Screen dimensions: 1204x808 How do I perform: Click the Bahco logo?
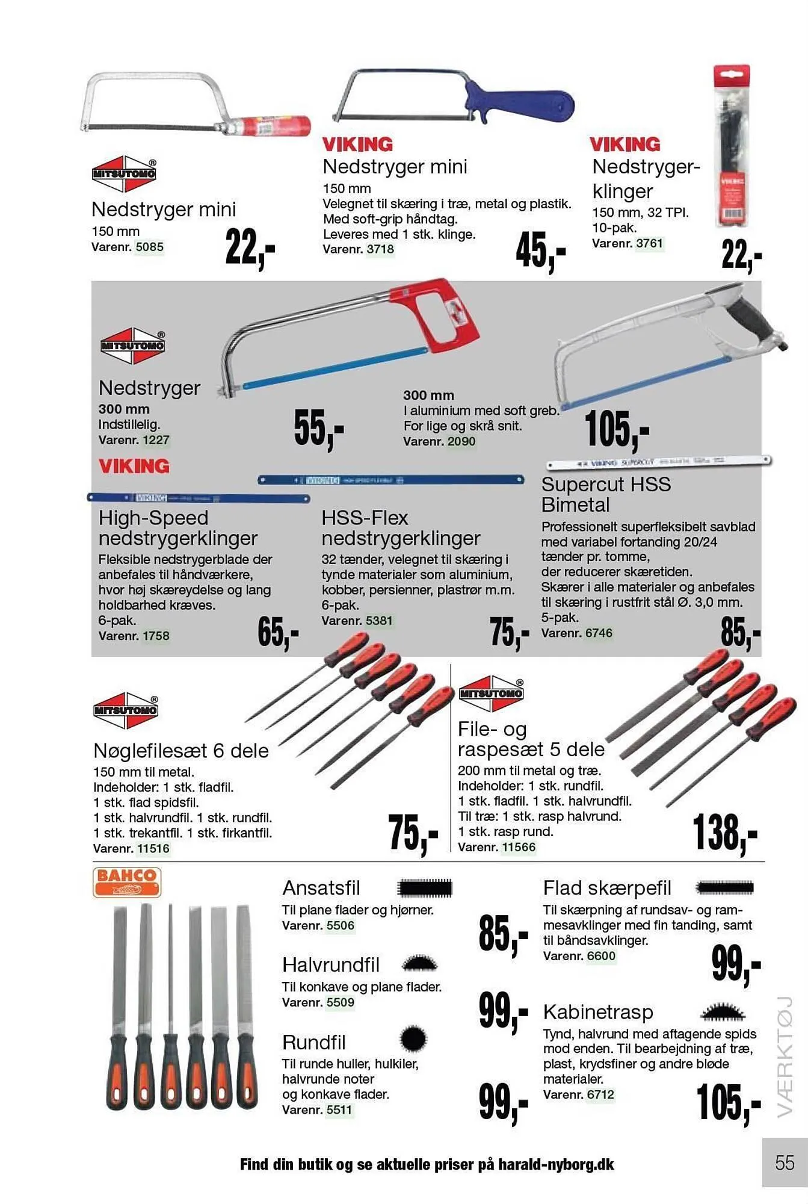126,882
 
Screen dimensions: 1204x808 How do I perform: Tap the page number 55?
785,1162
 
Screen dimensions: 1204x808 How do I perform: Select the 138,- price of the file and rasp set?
724,833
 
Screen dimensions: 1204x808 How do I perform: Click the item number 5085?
149,247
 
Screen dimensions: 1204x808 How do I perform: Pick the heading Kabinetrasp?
597,1012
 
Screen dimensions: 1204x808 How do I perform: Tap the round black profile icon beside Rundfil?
413,1038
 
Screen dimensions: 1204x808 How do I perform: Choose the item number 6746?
599,633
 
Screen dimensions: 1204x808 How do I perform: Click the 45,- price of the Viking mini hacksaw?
540,250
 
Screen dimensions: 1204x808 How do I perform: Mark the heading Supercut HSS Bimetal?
605,494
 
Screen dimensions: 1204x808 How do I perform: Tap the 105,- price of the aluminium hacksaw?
616,429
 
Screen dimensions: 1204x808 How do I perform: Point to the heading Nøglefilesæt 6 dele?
180,751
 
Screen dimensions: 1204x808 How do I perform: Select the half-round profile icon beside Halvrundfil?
419,964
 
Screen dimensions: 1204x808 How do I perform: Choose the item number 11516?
153,848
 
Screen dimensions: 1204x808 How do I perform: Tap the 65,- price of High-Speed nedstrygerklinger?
277,633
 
